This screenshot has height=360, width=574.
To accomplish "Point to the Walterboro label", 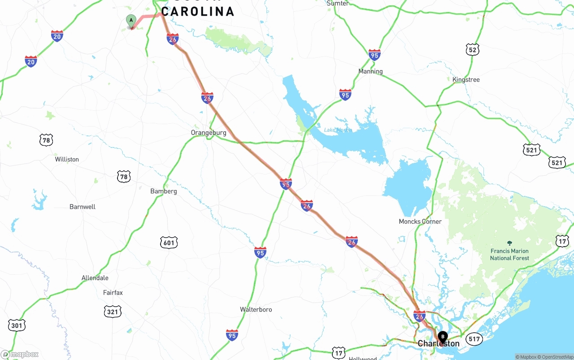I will click(x=256, y=309).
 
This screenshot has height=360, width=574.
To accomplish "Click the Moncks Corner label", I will click(x=420, y=221).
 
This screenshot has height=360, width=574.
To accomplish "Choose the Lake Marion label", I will click(x=338, y=130).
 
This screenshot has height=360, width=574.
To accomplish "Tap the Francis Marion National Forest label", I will click(x=509, y=254).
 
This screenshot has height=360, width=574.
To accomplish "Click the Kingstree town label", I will click(x=466, y=80).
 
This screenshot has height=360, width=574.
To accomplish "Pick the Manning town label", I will click(x=370, y=71).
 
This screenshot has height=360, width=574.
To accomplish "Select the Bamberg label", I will click(x=164, y=191).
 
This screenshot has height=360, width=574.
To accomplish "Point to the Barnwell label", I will click(x=83, y=207).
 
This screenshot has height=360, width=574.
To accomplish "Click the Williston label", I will click(x=67, y=159).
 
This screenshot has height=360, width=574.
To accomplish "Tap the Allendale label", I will click(x=95, y=278).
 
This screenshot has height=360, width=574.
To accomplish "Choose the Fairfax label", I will click(x=113, y=293).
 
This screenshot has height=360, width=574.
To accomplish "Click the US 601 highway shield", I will click(x=169, y=243).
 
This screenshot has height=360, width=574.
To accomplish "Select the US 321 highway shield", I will click(x=112, y=312).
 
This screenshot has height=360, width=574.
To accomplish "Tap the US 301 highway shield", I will click(x=17, y=325).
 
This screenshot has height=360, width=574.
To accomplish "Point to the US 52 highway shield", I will click(x=472, y=50).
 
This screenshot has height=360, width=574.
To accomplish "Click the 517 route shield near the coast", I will click(x=474, y=339).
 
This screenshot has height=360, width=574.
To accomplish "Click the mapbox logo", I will click(x=20, y=355).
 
